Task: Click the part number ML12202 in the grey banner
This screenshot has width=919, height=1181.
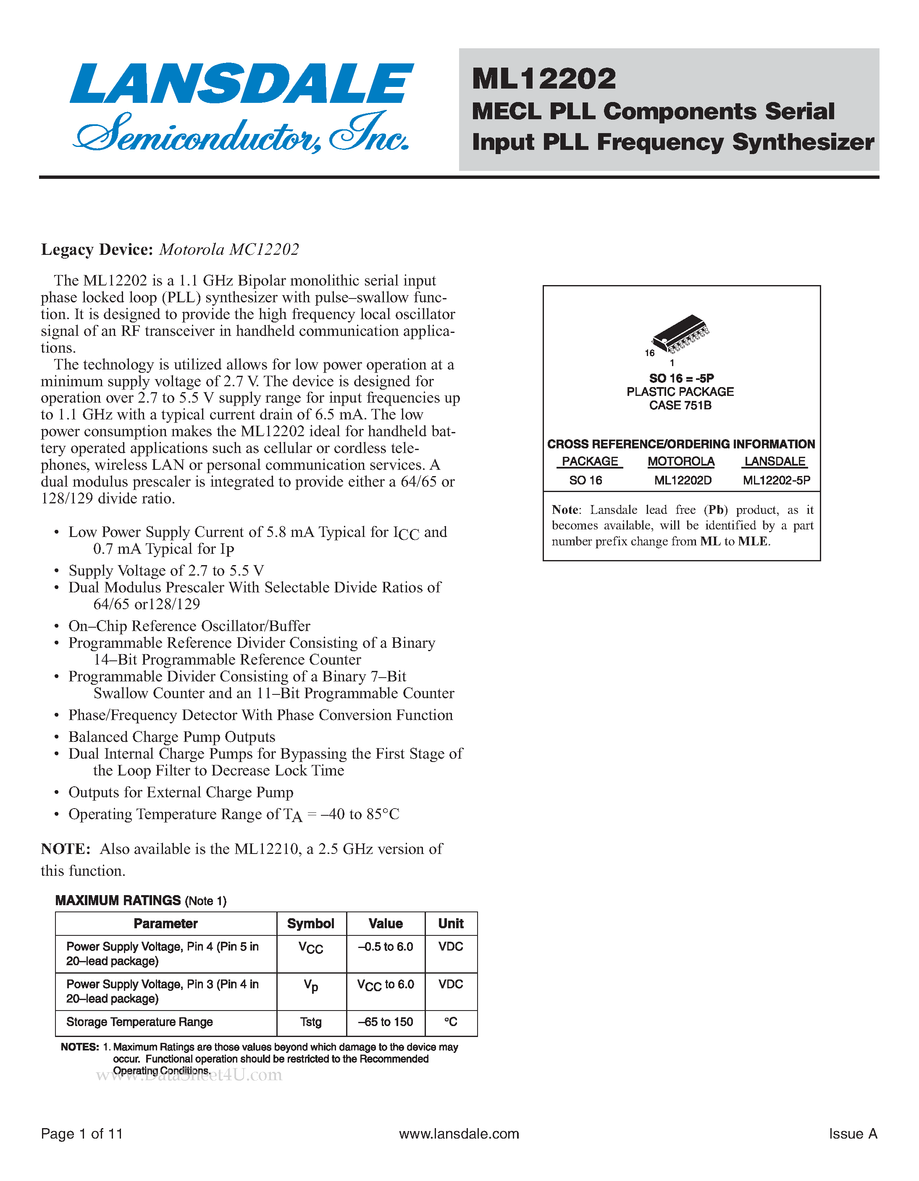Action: pos(544,79)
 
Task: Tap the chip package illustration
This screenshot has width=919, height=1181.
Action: pos(680,332)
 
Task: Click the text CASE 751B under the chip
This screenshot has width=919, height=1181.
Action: pos(680,405)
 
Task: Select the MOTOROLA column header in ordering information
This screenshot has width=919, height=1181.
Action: pos(680,461)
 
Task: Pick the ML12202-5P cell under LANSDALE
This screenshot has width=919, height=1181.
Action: pos(776,480)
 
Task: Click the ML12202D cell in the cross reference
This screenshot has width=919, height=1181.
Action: pos(683,480)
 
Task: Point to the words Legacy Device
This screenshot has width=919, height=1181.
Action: pos(97,249)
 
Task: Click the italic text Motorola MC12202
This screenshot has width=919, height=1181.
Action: pos(229,249)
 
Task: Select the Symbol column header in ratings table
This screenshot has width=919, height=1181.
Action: pos(310,924)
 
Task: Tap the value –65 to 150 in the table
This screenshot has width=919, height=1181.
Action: pos(385,1022)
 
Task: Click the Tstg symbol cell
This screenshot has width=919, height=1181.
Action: pos(310,1022)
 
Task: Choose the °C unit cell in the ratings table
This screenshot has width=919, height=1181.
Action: pos(451,1022)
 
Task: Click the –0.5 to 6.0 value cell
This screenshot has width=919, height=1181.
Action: pos(385,947)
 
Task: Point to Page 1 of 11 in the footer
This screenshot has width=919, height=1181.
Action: pos(81,1134)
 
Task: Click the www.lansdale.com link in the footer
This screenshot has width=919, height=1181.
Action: pos(459,1134)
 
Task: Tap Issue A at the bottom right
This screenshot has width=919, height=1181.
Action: pos(853,1134)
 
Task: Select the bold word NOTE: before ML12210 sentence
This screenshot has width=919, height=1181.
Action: pos(66,849)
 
